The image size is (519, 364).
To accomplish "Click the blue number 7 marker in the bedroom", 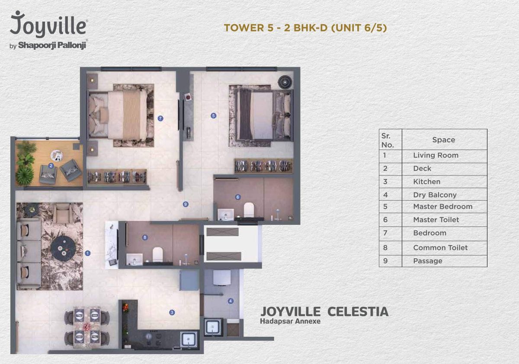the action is coord(160,118).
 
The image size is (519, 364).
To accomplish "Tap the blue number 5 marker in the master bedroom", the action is coord(213,115).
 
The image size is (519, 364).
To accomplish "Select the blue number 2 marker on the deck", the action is coord(51,166).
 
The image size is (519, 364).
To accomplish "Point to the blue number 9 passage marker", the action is coord(186,204).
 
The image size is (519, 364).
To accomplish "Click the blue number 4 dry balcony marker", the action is coord(231,301).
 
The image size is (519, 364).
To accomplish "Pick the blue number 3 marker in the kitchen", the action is coord(172,313).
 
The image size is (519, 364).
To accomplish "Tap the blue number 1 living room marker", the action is coord(87,253).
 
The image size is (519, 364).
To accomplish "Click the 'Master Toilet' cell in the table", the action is coord(436,220).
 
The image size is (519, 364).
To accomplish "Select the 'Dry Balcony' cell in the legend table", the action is coord(435,195).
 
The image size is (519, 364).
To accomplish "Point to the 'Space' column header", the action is coord(444,140).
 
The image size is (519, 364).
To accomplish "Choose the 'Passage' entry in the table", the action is coord(428,261).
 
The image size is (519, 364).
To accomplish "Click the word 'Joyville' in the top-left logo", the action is coord(48,24).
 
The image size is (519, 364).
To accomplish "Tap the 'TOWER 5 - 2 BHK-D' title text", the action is coord(276,28).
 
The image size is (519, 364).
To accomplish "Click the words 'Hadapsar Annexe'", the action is coord(290,321).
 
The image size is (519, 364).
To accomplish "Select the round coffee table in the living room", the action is coord(63,249).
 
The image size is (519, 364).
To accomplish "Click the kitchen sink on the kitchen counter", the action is coord(189,340).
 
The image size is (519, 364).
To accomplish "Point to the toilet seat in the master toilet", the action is coord(249,210).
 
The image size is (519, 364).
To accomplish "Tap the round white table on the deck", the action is coord(57,155).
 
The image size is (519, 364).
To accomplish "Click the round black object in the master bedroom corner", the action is coord(285,82).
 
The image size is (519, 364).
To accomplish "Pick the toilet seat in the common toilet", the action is coord(157,255).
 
